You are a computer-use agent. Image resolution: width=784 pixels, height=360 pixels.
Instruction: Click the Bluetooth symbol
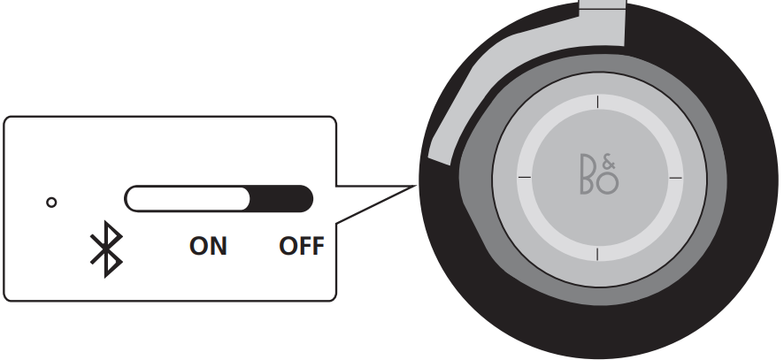click(x=106, y=249)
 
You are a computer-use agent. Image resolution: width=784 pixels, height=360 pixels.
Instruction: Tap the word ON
click(x=208, y=246)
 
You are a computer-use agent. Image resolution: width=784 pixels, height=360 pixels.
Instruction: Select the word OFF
click(x=302, y=246)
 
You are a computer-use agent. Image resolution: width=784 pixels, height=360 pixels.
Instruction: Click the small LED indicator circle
click(x=51, y=203)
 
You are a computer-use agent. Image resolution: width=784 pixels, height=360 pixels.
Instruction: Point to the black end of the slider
click(x=281, y=198)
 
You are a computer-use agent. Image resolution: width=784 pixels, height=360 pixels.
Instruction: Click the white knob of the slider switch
click(x=187, y=198)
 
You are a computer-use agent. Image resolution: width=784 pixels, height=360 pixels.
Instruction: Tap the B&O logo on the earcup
click(x=599, y=174)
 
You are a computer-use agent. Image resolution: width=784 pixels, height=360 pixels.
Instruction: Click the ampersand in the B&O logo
click(x=609, y=163)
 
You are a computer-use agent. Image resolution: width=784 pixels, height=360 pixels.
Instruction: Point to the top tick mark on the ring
click(x=597, y=102)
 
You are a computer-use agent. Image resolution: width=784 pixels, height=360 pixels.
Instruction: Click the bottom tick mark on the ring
click(x=597, y=254)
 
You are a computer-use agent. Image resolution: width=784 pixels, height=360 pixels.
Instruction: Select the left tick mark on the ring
click(x=525, y=177)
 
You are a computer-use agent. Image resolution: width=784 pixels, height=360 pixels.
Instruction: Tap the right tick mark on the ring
click(x=675, y=177)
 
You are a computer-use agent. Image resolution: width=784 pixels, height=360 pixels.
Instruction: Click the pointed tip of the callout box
click(x=416, y=186)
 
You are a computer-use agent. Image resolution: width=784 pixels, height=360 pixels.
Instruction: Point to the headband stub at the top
click(x=603, y=4)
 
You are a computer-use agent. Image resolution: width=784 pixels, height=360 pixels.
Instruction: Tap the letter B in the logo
click(x=587, y=174)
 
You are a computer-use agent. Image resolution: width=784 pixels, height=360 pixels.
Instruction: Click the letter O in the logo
click(x=608, y=183)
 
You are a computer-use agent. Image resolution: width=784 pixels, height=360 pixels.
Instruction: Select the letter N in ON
click(x=219, y=246)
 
